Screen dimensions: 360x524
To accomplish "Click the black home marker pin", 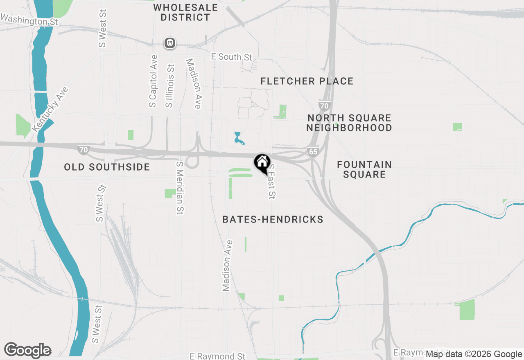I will [262, 163].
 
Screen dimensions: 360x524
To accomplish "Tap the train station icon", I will [170, 43].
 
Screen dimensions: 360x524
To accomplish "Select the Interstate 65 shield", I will [313, 151].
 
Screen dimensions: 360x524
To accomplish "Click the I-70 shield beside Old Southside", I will [84, 149].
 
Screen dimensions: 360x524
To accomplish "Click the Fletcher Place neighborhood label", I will [307, 81].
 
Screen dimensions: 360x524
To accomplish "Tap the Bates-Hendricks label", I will [273, 220].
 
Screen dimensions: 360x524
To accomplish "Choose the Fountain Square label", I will [364, 169].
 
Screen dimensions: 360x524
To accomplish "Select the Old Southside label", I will [107, 167].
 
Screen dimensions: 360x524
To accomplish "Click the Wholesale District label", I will [185, 13].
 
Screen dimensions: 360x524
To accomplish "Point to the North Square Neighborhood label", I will [349, 123].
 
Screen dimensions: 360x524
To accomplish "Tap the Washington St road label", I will [29, 20].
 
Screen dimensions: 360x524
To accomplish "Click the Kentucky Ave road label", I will [50, 109].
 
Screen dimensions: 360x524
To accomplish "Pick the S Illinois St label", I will [170, 86].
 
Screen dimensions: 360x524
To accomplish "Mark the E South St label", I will [232, 57].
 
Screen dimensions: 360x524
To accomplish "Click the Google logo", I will [27, 350].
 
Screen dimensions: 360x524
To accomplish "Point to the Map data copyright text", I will [474, 354].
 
